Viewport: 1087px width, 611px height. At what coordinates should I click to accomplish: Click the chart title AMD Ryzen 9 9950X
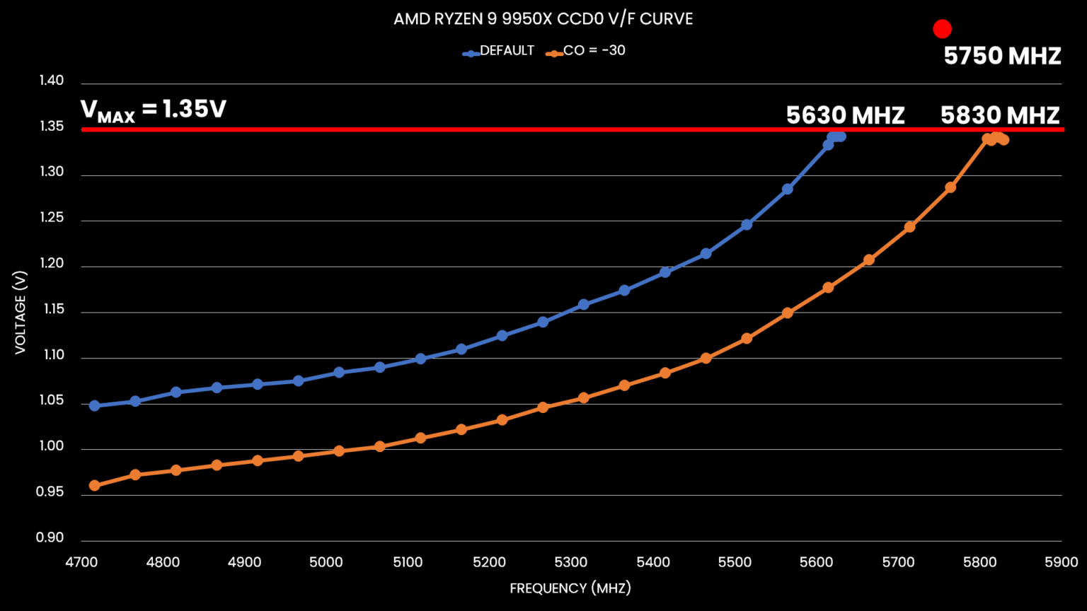click(543, 19)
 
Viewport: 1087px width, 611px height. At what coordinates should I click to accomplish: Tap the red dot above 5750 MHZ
click(942, 29)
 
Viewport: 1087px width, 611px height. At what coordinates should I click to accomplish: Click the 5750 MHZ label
click(1002, 56)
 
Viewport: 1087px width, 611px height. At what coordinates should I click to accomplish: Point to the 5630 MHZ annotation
click(845, 115)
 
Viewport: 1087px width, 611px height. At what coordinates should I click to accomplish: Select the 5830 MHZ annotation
click(999, 115)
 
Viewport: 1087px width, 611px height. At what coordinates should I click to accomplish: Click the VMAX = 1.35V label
click(154, 110)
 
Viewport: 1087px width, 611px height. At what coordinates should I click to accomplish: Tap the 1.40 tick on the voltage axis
click(51, 81)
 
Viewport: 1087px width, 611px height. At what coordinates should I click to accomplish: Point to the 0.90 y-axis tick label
click(51, 537)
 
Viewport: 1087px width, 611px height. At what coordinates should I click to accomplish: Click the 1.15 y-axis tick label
click(51, 309)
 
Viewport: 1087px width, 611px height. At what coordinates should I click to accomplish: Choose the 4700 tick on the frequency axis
click(81, 562)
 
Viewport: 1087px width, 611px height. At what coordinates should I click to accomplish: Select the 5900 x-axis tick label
click(1061, 562)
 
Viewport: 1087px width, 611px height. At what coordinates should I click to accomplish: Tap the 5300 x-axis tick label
click(571, 562)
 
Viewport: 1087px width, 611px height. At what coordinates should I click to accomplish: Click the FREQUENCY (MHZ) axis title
click(570, 588)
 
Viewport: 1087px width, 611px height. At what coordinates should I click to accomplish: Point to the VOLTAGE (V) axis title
click(21, 312)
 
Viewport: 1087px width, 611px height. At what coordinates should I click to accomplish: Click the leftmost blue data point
click(94, 406)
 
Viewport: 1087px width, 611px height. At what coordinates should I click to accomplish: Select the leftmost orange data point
click(94, 486)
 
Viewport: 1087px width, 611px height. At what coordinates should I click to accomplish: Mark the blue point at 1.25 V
click(747, 225)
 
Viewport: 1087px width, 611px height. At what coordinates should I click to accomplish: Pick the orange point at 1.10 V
click(706, 359)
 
